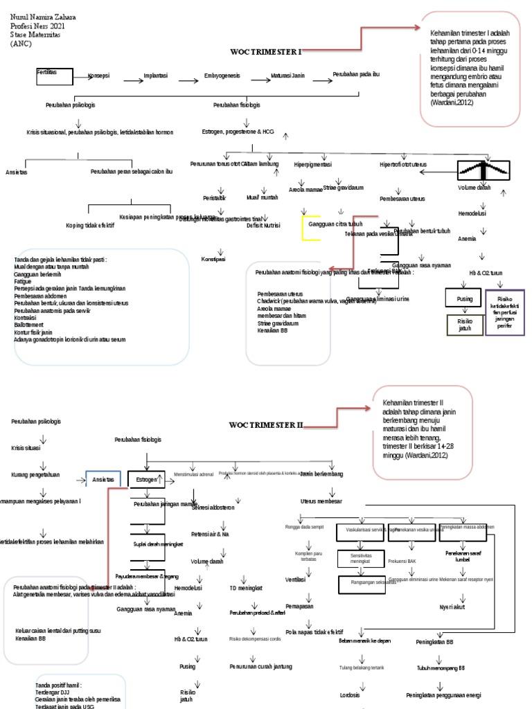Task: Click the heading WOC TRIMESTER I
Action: tap(266, 52)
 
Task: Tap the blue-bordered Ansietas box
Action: tap(103, 479)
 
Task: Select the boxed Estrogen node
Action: tap(146, 479)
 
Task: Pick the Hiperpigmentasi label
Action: tap(312, 165)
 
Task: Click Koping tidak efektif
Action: tap(90, 226)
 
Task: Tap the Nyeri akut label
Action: tap(452, 607)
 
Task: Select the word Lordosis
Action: tap(351, 694)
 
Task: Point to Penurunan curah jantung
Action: tap(260, 667)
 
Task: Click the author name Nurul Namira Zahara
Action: tap(43, 17)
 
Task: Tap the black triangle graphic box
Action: tap(484, 169)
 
